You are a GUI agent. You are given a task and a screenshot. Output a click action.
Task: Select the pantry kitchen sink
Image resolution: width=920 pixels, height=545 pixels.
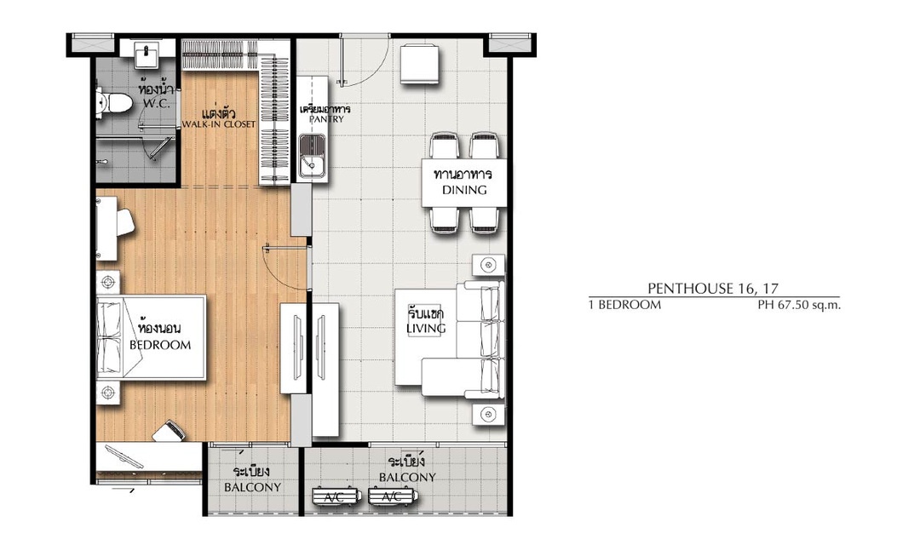313,156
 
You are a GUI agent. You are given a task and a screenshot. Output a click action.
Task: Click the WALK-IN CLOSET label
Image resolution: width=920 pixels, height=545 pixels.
219,123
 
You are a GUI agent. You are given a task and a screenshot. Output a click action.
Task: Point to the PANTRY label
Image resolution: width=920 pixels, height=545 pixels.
326,119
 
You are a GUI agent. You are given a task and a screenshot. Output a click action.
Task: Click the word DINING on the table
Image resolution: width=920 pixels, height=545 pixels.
464,190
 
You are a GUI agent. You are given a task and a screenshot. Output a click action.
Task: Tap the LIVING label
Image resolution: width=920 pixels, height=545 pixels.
426,329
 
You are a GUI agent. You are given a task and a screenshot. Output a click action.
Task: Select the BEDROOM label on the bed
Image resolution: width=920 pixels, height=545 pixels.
160,345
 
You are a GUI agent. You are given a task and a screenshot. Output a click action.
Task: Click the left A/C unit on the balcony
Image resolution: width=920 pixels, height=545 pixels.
335,497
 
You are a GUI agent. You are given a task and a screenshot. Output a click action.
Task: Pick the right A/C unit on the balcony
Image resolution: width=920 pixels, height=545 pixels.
393,497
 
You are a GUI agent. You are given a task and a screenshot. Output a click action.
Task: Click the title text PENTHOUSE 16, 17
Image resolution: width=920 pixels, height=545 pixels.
713,288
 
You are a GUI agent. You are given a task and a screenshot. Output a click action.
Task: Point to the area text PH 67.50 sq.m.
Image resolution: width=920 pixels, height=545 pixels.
799,305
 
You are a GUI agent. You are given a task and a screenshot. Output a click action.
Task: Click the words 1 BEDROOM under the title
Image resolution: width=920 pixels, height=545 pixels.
625,305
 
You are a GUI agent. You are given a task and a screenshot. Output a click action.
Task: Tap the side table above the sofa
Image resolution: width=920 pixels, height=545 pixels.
488,265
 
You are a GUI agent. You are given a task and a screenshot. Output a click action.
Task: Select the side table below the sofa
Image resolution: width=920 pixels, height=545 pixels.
488,414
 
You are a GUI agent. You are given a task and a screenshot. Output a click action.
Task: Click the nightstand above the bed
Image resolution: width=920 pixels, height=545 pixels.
108,282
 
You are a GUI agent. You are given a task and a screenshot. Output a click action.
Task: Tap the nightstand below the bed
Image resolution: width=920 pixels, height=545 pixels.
108,392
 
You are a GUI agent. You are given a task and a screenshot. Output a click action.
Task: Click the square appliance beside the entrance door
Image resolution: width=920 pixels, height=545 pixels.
419,63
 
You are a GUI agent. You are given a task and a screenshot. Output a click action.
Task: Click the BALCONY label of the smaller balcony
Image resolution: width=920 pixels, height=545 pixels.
252,487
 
